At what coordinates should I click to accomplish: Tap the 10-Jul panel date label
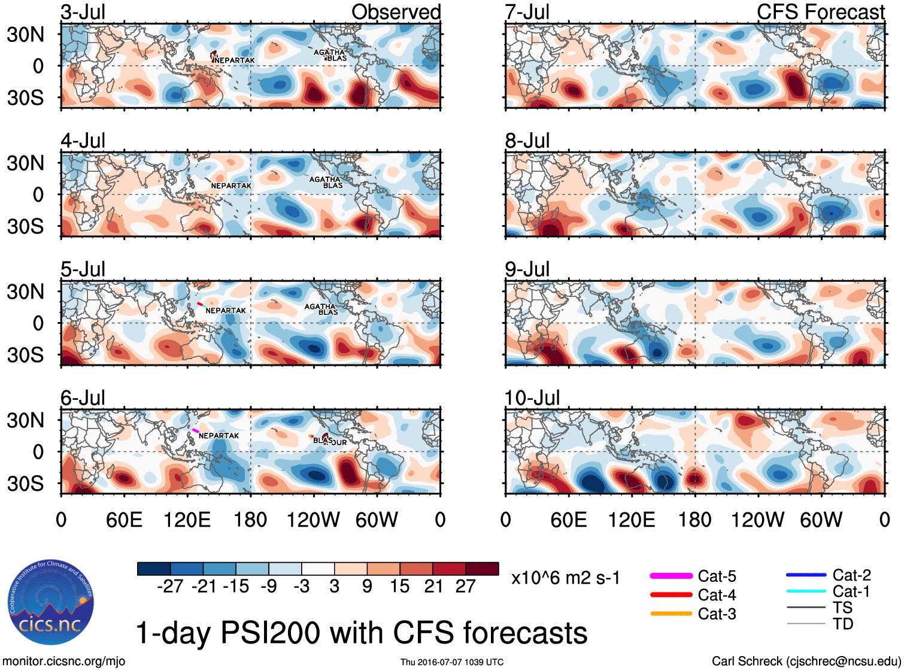(532, 398)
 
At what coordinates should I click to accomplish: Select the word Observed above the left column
(396, 12)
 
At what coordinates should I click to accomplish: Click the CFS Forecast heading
(820, 12)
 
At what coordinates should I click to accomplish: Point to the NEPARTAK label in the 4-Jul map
(231, 186)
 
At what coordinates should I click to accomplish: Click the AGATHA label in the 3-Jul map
(329, 52)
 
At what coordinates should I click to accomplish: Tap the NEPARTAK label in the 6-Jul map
(219, 436)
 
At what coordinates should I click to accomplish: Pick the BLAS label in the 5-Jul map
(328, 312)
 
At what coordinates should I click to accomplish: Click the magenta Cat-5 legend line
(671, 576)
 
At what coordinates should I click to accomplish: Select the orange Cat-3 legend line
(671, 614)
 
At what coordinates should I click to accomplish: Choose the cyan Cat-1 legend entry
(806, 591)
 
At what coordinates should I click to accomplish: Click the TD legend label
(843, 624)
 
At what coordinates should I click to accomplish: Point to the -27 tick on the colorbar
(170, 586)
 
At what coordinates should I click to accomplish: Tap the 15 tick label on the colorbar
(399, 586)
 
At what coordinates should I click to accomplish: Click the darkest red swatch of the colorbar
(482, 569)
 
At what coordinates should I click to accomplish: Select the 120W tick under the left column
(313, 520)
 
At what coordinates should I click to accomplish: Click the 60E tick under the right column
(568, 520)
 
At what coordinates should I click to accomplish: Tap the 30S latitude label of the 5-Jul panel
(25, 355)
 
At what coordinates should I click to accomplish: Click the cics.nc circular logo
(50, 602)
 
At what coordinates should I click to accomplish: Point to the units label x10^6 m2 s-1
(565, 578)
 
